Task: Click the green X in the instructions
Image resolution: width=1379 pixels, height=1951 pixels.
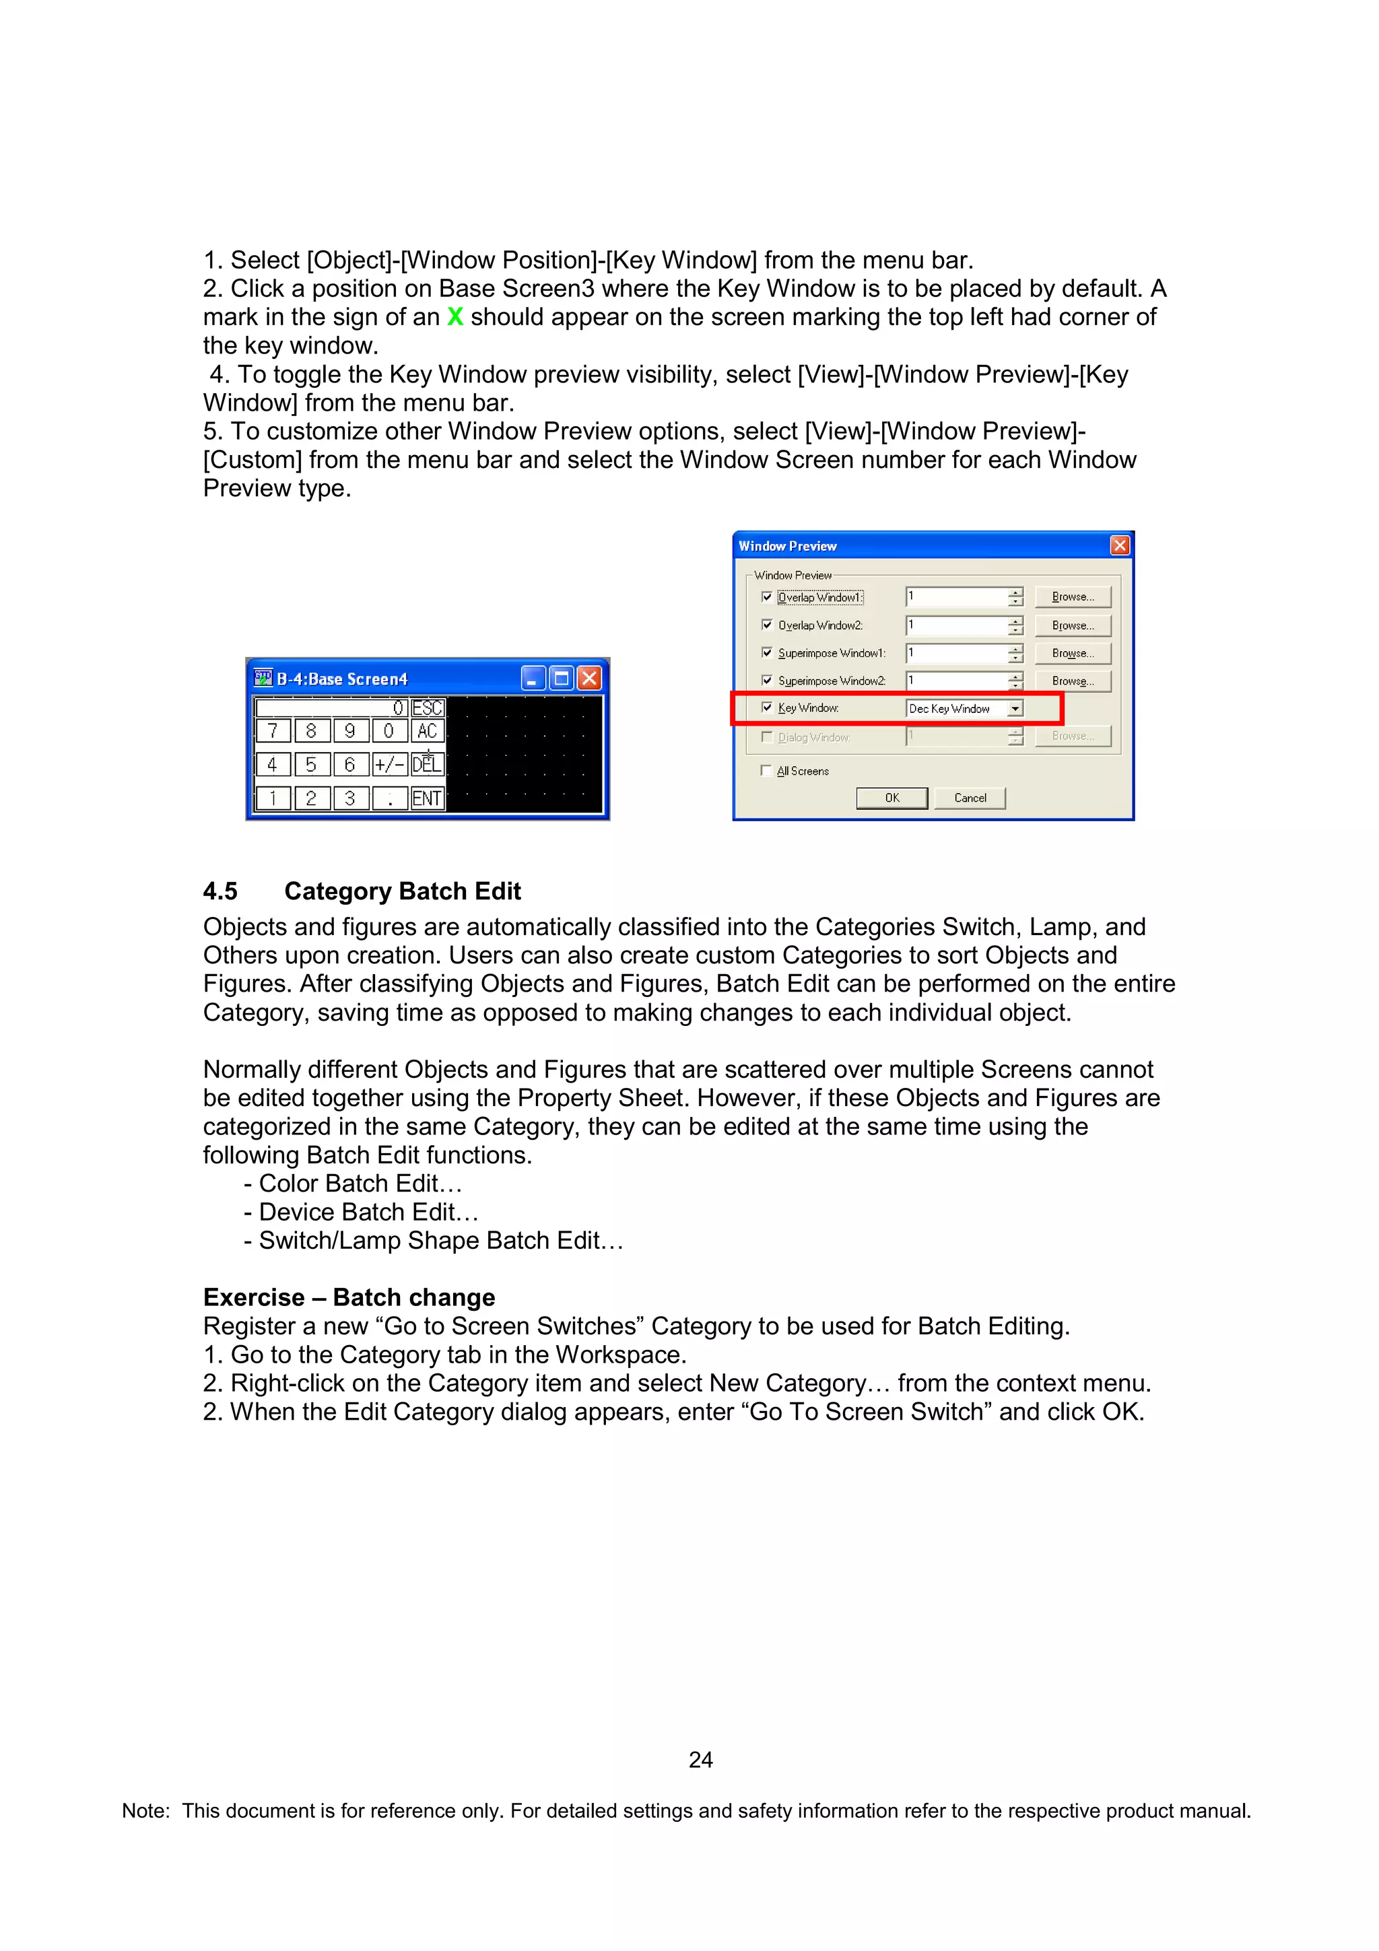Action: point(455,317)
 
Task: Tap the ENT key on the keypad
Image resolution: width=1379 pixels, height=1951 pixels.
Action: point(426,798)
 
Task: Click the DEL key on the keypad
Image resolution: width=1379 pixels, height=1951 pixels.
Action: point(426,765)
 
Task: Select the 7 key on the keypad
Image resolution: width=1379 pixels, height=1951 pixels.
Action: point(273,730)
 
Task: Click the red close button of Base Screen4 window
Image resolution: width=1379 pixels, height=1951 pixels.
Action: point(588,678)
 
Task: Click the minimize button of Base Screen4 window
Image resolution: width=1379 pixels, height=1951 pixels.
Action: point(533,678)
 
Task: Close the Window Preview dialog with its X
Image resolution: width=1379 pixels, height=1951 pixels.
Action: point(1120,545)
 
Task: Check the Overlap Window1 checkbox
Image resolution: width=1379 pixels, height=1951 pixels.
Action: point(767,597)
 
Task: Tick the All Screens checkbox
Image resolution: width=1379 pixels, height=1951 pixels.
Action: point(766,771)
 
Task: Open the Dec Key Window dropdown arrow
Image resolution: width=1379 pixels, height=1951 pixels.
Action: point(1015,709)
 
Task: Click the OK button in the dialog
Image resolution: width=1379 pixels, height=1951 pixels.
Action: point(892,798)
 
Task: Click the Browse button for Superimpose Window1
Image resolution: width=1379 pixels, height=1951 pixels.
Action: point(1072,654)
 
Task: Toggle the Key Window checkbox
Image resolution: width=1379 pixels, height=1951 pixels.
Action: point(767,708)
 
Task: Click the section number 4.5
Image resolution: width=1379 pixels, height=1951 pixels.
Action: point(220,891)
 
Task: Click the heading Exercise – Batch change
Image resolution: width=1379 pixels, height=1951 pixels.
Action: point(349,1297)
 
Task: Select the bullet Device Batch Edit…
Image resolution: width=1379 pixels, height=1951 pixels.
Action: point(368,1212)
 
